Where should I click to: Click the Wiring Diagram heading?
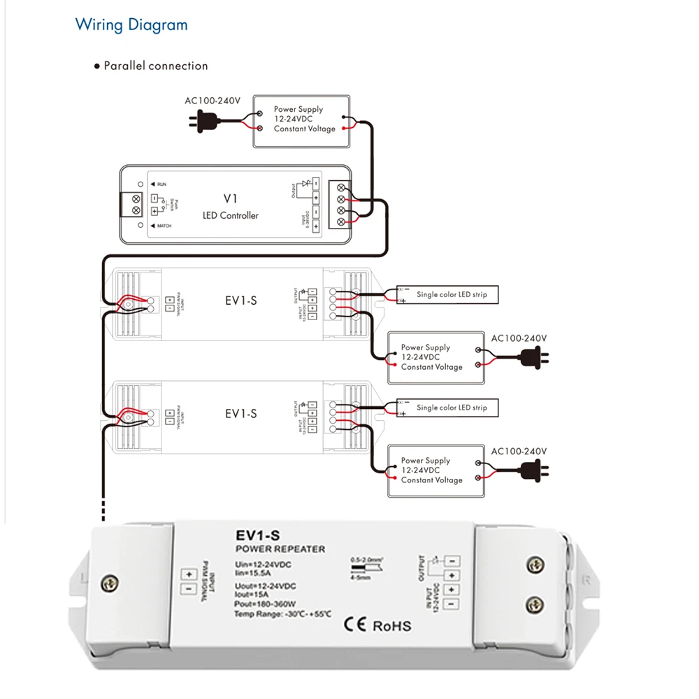[x=131, y=25]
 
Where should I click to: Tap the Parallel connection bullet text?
[x=155, y=66]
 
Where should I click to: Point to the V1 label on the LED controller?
[x=230, y=199]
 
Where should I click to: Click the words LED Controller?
[x=230, y=215]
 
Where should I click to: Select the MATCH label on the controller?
[x=164, y=226]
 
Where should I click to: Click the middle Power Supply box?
[x=435, y=357]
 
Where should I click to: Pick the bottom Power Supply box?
[x=435, y=470]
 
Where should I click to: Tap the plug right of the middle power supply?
[x=535, y=358]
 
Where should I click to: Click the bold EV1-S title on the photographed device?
[x=257, y=537]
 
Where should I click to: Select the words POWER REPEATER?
[x=280, y=549]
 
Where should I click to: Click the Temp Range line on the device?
[x=282, y=614]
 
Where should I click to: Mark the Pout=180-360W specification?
[x=265, y=604]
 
